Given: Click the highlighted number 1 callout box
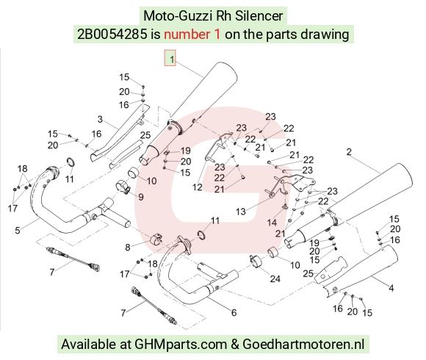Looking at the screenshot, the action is coord(170,58).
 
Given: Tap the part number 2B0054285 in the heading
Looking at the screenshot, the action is coord(112,35).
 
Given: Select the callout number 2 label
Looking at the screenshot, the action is coord(349,152).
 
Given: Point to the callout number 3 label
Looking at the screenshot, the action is coord(100,119).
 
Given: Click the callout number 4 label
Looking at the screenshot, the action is coord(391,288).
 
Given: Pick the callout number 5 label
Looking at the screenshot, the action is coord(18,231).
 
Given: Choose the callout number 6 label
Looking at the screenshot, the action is coord(234,312).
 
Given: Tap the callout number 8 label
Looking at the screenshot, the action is coord(128,248).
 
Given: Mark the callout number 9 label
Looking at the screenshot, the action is coord(141,197).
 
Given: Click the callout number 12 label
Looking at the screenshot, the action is coord(198,187).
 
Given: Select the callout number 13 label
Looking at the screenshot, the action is coord(241,212).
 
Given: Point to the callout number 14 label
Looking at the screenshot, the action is coord(272,223).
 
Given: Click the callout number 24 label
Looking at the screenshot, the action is coord(275,278).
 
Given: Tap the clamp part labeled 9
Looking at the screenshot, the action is coord(123,187).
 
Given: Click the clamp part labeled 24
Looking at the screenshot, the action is coord(256,261).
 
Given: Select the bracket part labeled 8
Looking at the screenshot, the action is coord(156,239).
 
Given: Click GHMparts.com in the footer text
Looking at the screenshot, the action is coord(181,345).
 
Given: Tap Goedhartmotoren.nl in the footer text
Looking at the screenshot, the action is coord(303,345).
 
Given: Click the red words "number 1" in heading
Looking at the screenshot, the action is coord(192,35).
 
